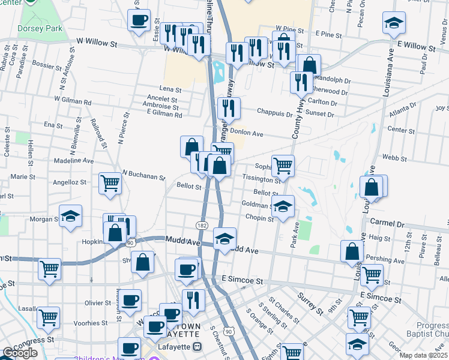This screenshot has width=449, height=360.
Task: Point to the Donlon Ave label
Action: pyautogui.click(x=247, y=133)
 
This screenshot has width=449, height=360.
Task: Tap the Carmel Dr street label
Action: pyautogui.click(x=387, y=223)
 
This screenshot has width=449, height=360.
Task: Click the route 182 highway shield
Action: pyautogui.click(x=202, y=224)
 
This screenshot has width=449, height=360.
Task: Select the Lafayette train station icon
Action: pyautogui.click(x=197, y=347)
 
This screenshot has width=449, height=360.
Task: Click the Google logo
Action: pyautogui.click(x=20, y=353)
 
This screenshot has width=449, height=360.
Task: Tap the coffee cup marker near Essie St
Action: pyautogui.click(x=139, y=20)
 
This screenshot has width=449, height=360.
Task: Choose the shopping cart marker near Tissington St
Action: pyautogui.click(x=283, y=164)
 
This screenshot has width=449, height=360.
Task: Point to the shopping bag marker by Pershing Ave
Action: pyautogui.click(x=352, y=250)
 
